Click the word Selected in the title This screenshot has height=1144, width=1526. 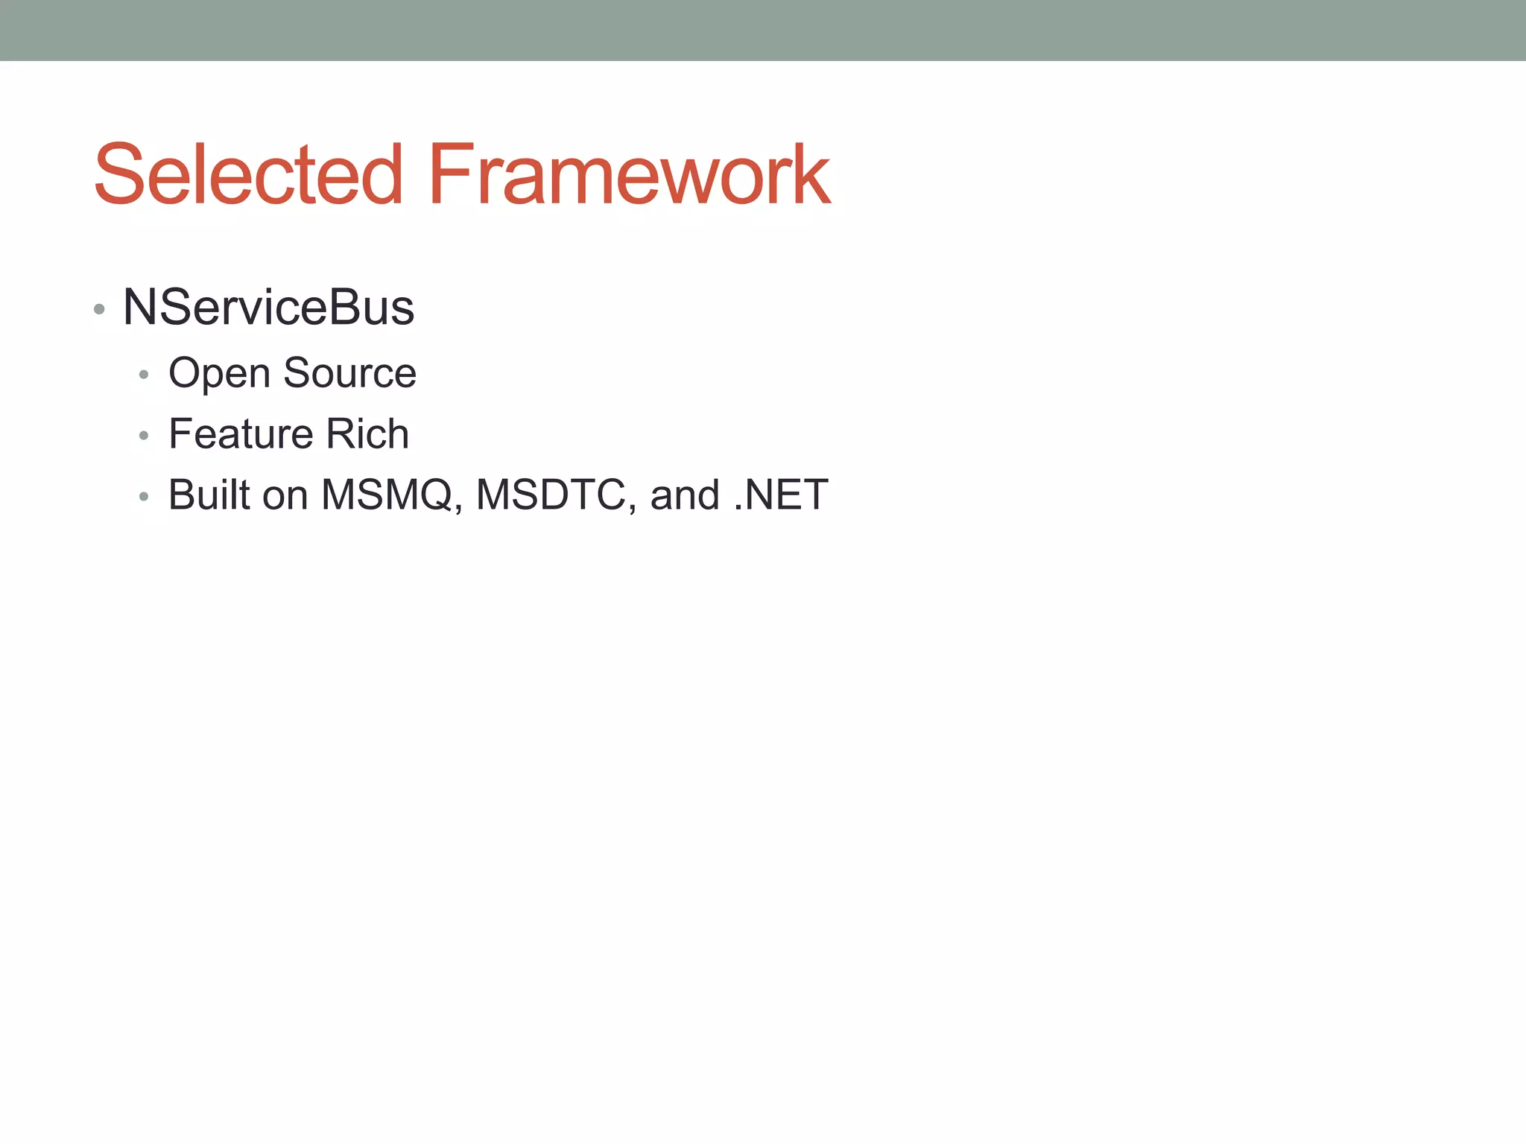point(248,175)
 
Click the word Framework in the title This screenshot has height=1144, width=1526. point(628,175)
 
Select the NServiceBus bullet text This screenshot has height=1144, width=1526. point(268,307)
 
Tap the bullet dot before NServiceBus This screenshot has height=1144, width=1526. point(99,309)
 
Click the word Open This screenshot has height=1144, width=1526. point(219,374)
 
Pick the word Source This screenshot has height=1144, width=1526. point(349,372)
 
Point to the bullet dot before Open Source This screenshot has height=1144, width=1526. point(144,375)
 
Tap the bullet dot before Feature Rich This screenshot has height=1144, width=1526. point(144,436)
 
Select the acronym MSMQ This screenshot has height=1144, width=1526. point(387,495)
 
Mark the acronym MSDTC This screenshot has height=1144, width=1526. point(551,495)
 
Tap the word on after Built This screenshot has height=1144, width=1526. point(285,496)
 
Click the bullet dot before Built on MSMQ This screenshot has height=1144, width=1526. point(144,497)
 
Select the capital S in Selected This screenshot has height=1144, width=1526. point(119,175)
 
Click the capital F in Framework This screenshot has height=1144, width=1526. point(450,175)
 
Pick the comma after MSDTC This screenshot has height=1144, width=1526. point(632,509)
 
